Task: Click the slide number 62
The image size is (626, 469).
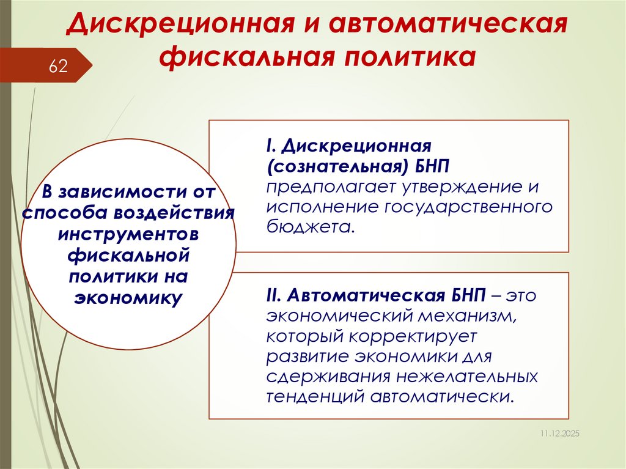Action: (58, 66)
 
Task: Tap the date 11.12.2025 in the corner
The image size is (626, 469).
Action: (559, 433)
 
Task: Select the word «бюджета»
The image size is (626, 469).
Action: (308, 227)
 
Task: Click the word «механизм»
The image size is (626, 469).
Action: (454, 316)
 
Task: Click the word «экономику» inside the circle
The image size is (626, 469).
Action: (128, 298)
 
